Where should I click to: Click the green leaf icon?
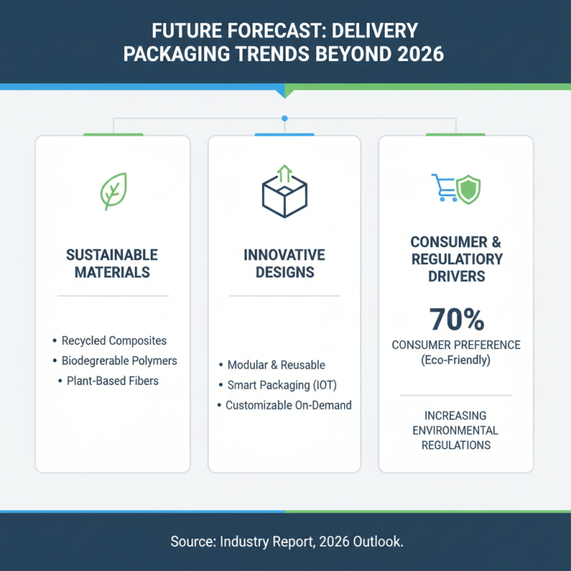coord(113,191)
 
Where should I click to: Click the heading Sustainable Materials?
coord(112,263)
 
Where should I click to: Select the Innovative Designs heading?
coord(284,263)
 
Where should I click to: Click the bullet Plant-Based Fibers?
coord(113,380)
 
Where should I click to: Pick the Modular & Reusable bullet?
coord(276,365)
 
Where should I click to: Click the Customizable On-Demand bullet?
coord(288,405)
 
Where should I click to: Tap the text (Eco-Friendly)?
coord(456,360)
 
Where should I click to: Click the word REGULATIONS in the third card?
coord(456,445)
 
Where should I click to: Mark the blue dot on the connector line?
coord(285,118)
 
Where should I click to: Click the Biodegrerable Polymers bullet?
coord(119,360)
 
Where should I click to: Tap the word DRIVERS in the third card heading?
coord(456,276)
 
